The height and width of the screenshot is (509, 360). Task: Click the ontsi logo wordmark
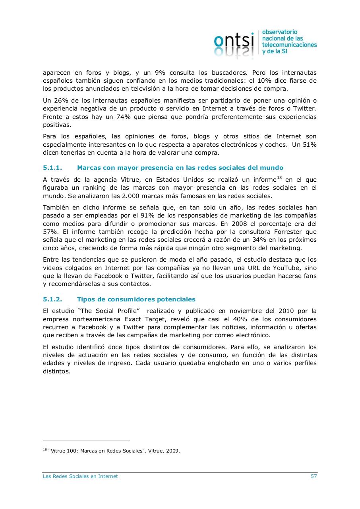(x=234, y=40)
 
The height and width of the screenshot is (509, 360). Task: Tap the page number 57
(x=314, y=476)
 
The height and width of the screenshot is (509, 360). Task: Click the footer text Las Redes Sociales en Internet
(x=80, y=476)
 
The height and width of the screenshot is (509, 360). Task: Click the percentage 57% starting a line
(x=50, y=232)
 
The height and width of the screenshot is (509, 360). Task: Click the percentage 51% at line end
(x=310, y=145)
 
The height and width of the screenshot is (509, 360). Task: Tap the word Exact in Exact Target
(x=133, y=319)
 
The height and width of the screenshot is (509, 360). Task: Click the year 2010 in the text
(x=286, y=311)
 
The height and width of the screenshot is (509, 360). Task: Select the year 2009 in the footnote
(x=172, y=451)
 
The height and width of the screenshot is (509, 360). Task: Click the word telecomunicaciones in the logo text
(x=289, y=45)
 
